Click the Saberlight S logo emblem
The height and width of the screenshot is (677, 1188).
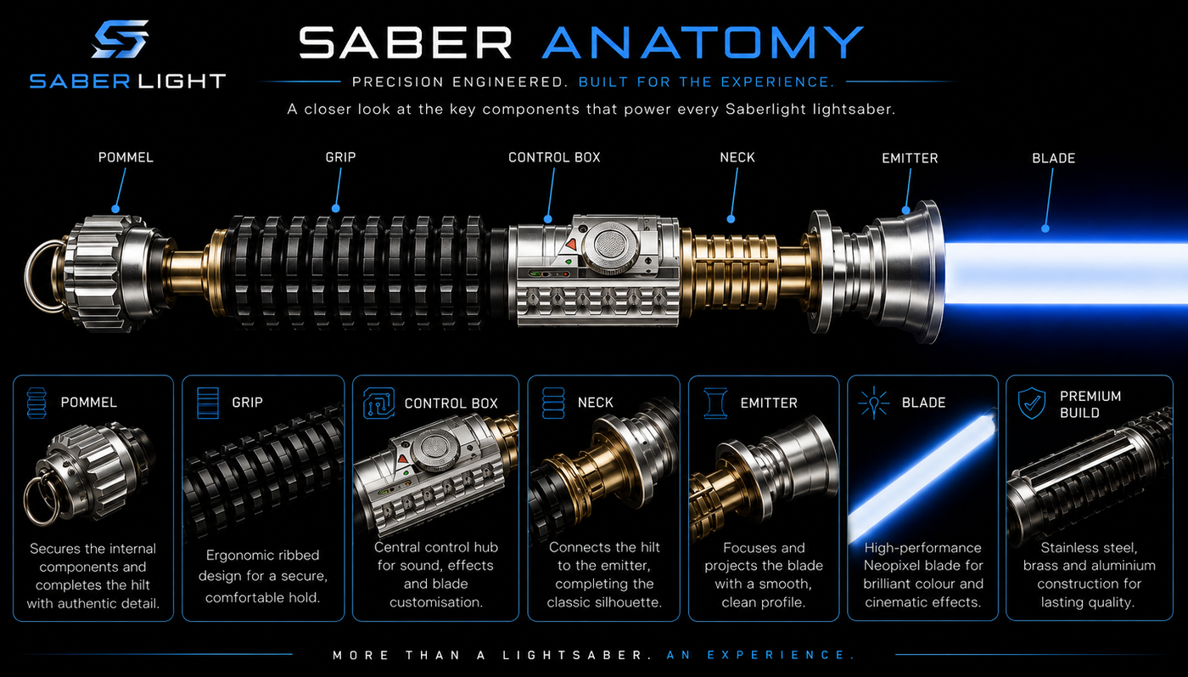click(x=120, y=39)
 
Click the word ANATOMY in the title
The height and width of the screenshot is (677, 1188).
click(x=703, y=42)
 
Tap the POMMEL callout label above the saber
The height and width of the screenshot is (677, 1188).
click(x=126, y=158)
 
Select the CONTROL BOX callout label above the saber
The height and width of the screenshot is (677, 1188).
click(x=554, y=158)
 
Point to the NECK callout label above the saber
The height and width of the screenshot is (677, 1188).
click(x=737, y=158)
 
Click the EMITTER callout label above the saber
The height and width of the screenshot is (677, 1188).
click(x=910, y=158)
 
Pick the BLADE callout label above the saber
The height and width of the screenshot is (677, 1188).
click(x=1054, y=158)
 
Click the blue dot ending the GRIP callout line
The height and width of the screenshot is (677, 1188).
click(x=336, y=209)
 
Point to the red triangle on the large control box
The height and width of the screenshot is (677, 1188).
click(x=570, y=244)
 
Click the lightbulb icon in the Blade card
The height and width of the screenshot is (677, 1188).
click(x=873, y=403)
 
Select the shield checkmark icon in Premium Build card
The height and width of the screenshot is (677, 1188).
click(x=1032, y=403)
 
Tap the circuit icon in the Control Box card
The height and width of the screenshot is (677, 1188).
click(x=378, y=403)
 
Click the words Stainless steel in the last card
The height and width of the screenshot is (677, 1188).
click(x=1089, y=548)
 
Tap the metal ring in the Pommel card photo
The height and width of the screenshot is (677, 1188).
click(x=40, y=499)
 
